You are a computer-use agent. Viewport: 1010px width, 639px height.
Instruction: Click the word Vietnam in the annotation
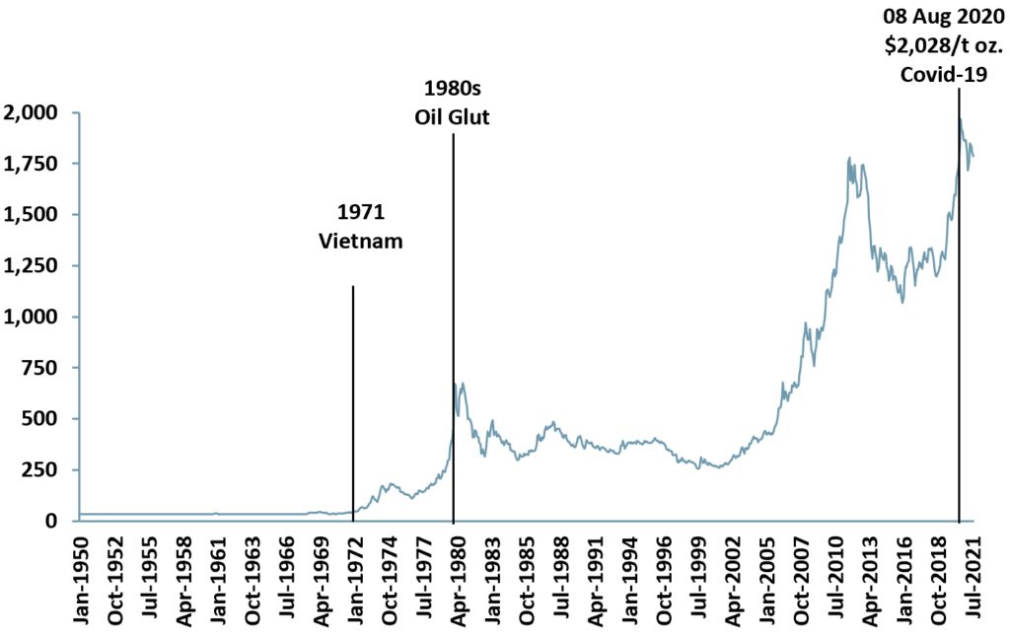(x=361, y=241)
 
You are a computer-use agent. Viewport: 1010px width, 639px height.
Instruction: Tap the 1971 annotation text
(x=361, y=212)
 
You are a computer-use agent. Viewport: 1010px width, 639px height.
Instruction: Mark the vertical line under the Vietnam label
(x=352, y=394)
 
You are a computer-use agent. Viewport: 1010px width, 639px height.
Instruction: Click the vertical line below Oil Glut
(x=453, y=296)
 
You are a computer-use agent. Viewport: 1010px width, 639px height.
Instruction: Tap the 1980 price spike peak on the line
(x=456, y=383)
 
